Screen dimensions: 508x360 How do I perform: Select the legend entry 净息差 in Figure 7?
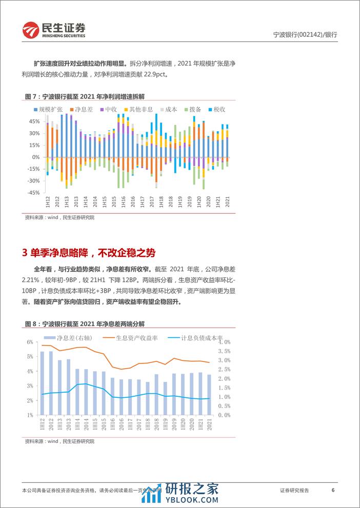coord(82,109)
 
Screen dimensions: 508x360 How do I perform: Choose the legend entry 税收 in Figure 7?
coord(218,109)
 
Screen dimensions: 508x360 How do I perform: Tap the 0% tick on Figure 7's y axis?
coord(36,157)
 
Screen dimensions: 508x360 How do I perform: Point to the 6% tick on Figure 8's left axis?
coord(30,342)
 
